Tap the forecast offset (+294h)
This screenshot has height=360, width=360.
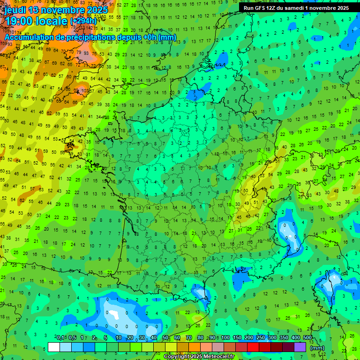coord(83,22)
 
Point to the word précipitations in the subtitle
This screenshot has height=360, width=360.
coord(90,37)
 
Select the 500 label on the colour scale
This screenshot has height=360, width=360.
coord(307,338)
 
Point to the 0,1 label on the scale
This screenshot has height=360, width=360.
coord(60,338)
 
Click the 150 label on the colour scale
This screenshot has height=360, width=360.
coord(237,338)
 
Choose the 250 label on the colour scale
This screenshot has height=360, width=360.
coord(260,338)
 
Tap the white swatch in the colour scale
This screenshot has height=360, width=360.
coord(54,347)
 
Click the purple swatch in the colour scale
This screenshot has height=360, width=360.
coord(300,347)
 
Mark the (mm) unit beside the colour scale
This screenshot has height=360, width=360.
coord(317,348)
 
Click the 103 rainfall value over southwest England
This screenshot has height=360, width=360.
coord(85,91)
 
